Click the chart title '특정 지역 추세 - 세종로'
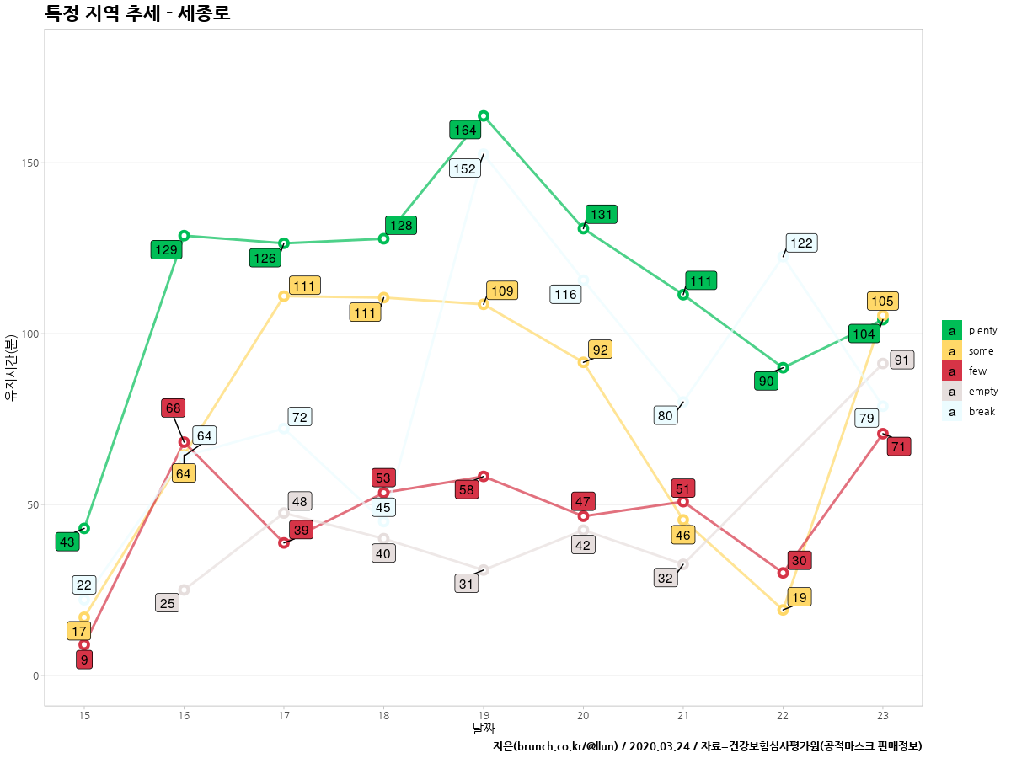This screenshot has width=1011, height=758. point(137,13)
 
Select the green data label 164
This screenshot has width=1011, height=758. point(465,130)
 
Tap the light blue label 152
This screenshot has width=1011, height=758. point(465,168)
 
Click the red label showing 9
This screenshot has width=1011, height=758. point(84,660)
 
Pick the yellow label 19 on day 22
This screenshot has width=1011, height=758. point(800,598)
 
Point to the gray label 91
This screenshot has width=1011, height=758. point(902,360)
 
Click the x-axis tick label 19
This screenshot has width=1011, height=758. point(484,715)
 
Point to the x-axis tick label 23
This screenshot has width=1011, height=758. point(882,715)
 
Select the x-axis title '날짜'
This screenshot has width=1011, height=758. point(484,729)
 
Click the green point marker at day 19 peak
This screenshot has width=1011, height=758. point(484,116)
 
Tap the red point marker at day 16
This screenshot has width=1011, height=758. point(184,442)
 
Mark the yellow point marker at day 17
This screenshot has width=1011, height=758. point(284,296)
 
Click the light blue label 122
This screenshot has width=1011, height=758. point(801,243)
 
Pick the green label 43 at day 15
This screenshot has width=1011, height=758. point(67,542)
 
